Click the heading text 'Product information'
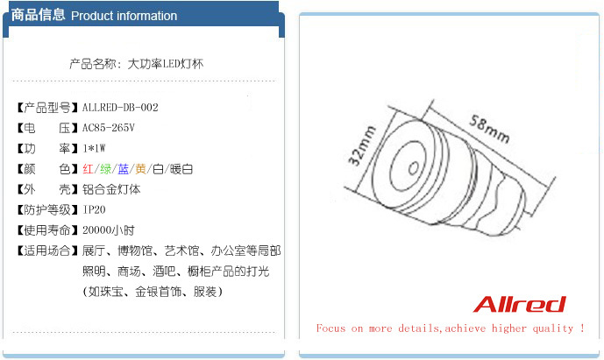[x=124, y=16]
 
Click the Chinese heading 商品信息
[x=38, y=15]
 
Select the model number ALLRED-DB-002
[x=120, y=108]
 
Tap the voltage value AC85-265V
[x=108, y=128]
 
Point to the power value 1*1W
[x=94, y=148]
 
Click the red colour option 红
[x=88, y=169]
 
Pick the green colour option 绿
[x=105, y=169]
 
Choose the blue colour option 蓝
[x=124, y=169]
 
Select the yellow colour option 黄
[x=140, y=169]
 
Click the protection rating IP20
[x=94, y=209]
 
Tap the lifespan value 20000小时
[x=108, y=230]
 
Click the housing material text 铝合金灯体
[x=111, y=189]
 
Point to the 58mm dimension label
[x=489, y=129]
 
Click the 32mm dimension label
[x=361, y=145]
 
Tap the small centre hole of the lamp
[x=413, y=168]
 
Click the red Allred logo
[x=519, y=304]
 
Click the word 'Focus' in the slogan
[x=330, y=328]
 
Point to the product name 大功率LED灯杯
[x=166, y=64]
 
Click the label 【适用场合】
[x=47, y=251]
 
